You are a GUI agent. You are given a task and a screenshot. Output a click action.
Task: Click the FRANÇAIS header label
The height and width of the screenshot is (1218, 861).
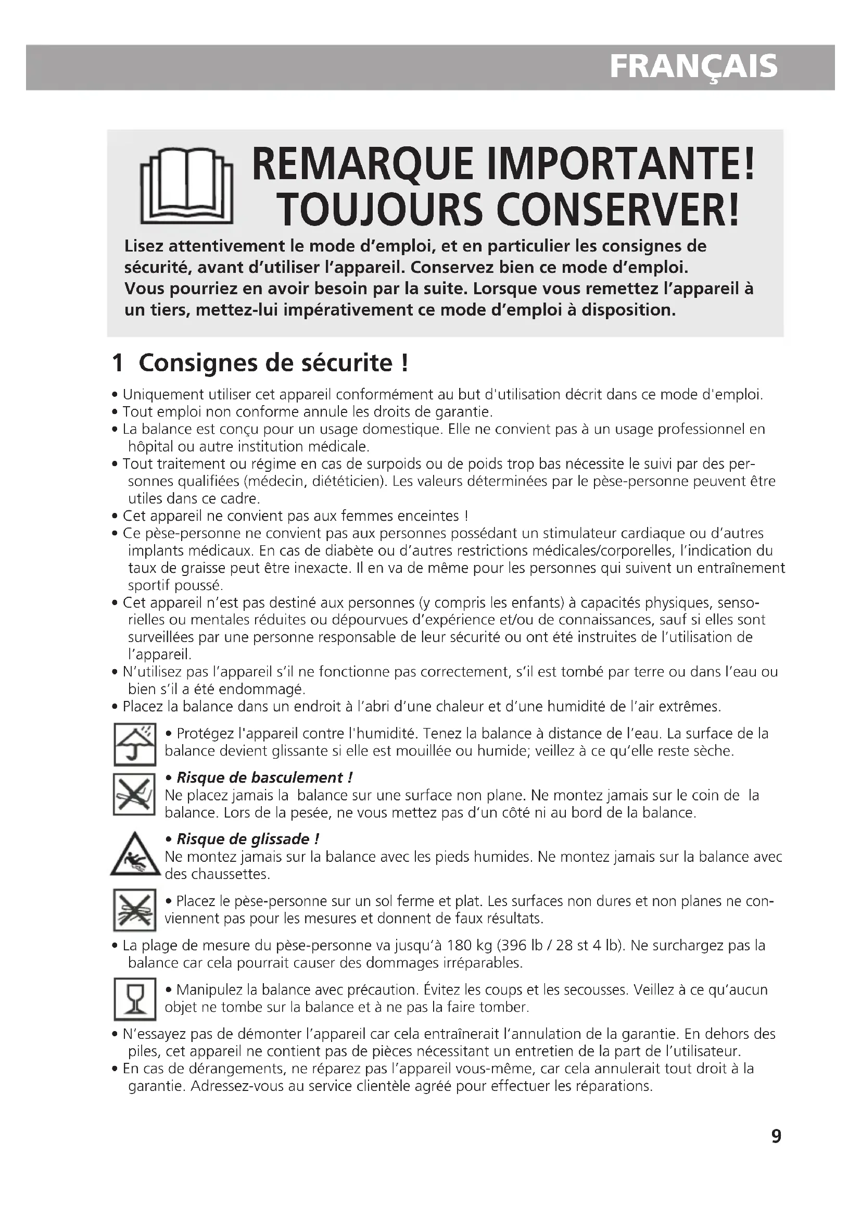tap(693, 67)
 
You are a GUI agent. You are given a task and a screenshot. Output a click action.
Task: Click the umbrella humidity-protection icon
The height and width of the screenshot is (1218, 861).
tap(135, 744)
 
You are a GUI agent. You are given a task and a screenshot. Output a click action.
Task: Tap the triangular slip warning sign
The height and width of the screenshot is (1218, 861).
tap(135, 855)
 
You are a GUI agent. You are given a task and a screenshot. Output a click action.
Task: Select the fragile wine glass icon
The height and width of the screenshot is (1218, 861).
tap(135, 999)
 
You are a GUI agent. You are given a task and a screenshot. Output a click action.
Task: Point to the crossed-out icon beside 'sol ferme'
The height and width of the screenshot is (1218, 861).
tap(135, 910)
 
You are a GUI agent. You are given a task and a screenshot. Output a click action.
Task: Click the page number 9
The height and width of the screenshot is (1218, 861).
tap(776, 1151)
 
